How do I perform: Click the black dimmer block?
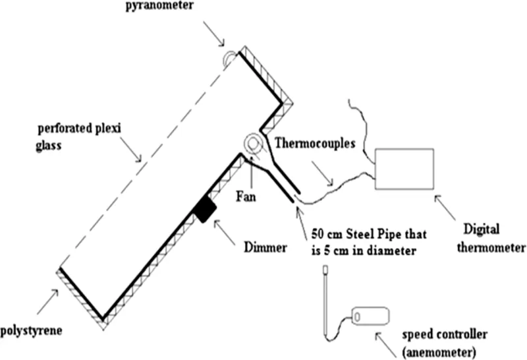[205, 209]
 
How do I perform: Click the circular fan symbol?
[252, 142]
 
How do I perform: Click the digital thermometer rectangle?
[404, 167]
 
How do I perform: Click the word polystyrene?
[31, 328]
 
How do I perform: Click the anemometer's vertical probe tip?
[324, 270]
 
